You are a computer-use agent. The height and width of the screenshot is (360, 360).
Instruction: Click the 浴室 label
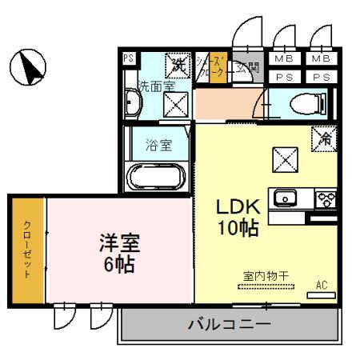pos(159,146)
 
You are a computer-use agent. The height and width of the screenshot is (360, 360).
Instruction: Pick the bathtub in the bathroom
pos(157,176)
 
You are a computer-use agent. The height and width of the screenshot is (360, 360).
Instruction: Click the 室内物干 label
pos(266,276)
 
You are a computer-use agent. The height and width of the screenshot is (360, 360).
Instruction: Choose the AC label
pos(322,285)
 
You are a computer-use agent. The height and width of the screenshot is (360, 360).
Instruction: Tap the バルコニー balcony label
pos(229,326)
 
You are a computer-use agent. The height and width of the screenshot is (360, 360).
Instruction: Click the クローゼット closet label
pos(27,249)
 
